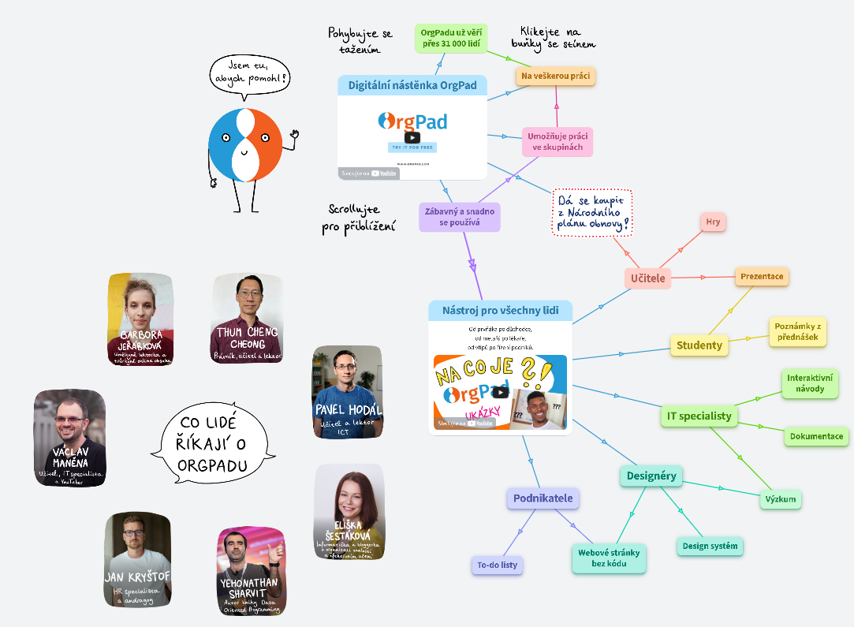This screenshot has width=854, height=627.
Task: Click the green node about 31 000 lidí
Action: point(452,38)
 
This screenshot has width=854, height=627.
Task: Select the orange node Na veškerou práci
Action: point(556,76)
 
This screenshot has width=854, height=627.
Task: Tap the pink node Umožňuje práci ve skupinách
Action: point(558,142)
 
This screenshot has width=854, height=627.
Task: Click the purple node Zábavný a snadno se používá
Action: point(460,217)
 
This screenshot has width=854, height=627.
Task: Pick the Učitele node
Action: point(647,278)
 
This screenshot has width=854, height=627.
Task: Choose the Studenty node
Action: point(699,345)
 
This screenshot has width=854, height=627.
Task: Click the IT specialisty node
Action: point(699,416)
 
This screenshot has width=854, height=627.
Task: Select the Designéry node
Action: point(651,476)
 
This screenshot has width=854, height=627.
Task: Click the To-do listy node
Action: point(498,565)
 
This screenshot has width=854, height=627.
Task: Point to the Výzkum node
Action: point(781,499)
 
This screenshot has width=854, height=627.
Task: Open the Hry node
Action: point(713,222)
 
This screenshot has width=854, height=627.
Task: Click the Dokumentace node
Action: point(816,436)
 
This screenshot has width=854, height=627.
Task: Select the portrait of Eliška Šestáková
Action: point(349,512)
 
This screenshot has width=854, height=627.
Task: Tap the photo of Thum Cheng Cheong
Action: point(247,318)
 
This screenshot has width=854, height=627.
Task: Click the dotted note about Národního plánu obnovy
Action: point(592,212)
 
